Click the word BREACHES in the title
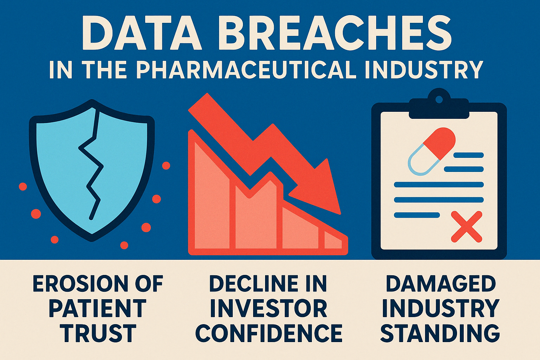coord(335,33)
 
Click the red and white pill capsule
coord(431,151)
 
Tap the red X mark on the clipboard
coord(467,226)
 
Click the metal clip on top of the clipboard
coord(439,104)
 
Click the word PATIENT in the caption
coord(98,308)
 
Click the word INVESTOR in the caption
coord(269,308)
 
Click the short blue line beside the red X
coord(417,215)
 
